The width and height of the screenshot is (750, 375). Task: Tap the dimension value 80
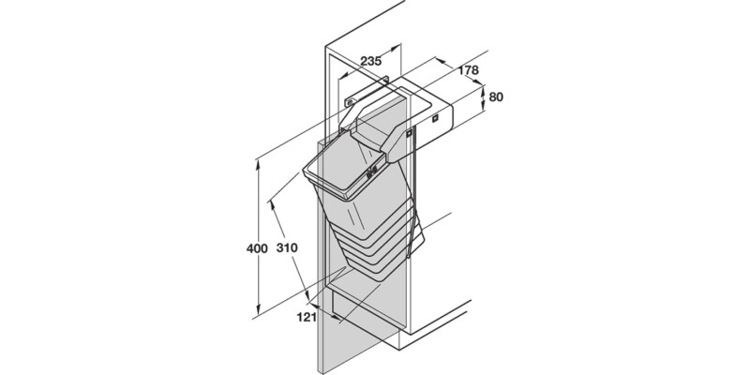pos(497,96)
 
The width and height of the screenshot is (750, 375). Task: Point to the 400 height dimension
pos(247,248)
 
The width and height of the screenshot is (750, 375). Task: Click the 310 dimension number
pos(287,248)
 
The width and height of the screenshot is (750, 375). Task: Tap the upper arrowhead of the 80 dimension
pos(482,84)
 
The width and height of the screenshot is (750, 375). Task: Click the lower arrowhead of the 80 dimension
pos(482,110)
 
